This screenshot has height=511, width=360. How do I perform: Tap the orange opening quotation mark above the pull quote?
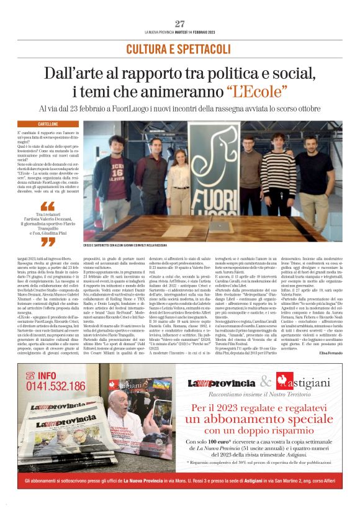pos(47,206)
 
